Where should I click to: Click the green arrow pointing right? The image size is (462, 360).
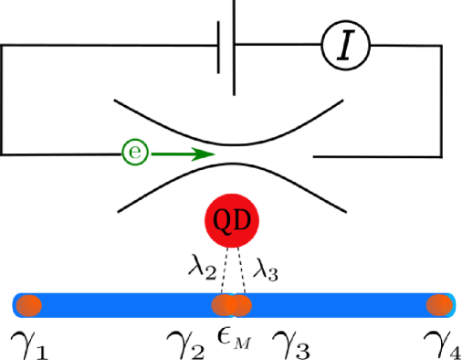[183, 154]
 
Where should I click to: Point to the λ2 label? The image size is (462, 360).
[202, 268]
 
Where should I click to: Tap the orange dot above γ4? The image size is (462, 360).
[441, 304]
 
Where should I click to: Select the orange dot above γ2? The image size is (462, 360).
[224, 304]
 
